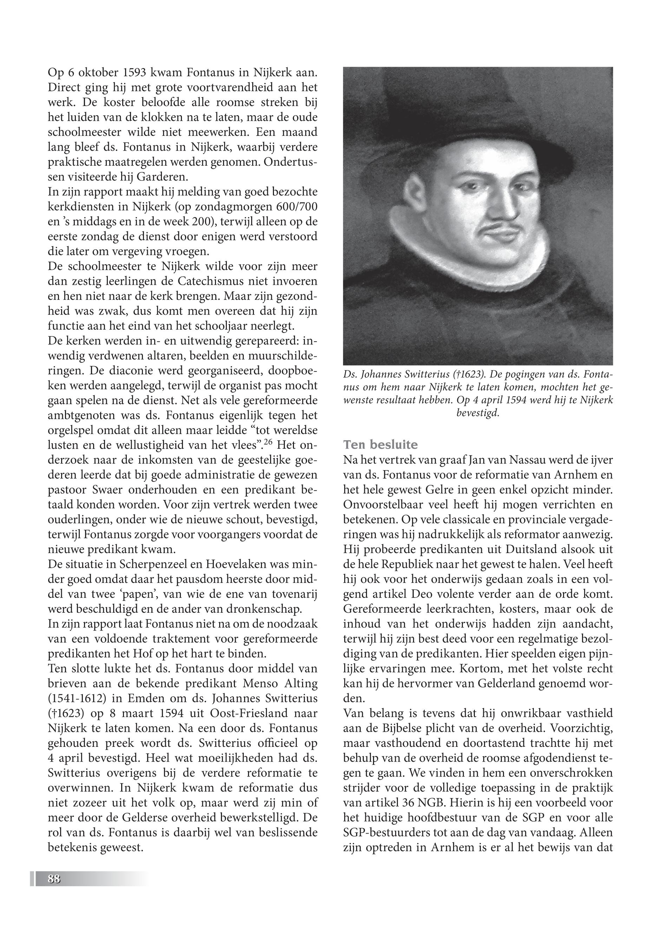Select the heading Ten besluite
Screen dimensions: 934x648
coord(380,445)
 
